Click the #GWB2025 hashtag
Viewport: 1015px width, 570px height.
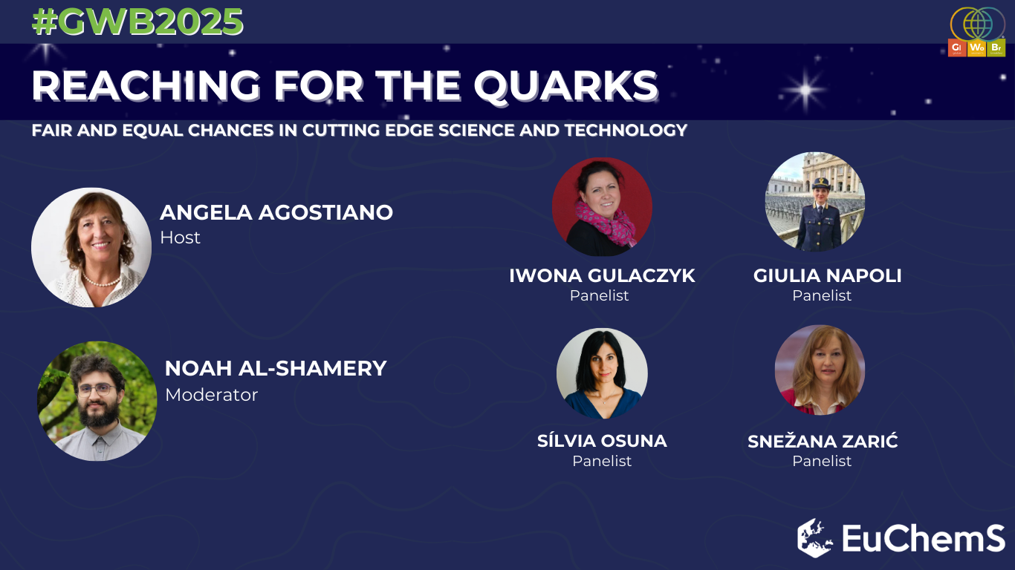[x=137, y=22]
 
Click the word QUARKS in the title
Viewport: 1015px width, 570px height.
[x=566, y=85]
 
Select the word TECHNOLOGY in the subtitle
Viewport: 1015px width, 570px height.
[x=626, y=131]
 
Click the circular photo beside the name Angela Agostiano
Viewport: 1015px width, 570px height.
[x=91, y=248]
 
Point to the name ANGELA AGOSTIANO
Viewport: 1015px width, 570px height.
[x=276, y=212]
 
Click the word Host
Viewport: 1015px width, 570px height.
[x=180, y=237]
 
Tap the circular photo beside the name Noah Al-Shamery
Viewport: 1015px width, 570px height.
[x=97, y=401]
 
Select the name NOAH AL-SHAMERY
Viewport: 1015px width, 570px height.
[x=276, y=369]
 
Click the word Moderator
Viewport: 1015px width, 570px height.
[x=211, y=395]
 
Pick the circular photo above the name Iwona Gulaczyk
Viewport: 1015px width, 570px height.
[x=602, y=206]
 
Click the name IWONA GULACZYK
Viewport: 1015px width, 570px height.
[x=602, y=275]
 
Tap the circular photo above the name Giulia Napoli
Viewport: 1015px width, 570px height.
[x=814, y=201]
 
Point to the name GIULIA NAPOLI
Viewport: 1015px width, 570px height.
[x=828, y=275]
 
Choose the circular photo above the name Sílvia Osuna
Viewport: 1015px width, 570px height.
[x=602, y=373]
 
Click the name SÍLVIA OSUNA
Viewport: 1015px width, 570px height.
[x=602, y=441]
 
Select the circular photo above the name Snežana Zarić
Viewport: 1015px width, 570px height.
[x=820, y=370]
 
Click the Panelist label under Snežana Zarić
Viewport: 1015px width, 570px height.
[x=822, y=461]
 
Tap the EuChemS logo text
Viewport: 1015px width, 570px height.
[x=923, y=538]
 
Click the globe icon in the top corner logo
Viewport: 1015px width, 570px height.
[x=977, y=24]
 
